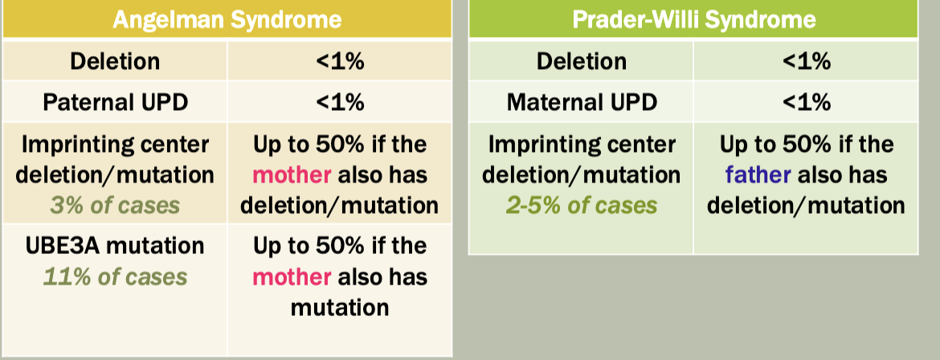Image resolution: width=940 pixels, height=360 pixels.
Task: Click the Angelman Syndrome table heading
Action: (x=227, y=19)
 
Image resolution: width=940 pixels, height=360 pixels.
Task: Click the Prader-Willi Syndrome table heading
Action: (x=693, y=19)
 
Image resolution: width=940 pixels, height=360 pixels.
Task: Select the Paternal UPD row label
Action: (x=115, y=102)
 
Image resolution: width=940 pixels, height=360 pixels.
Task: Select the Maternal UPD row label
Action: (x=582, y=102)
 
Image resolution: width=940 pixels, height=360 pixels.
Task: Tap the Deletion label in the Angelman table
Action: (x=115, y=61)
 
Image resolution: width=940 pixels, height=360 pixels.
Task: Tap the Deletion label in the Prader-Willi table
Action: (x=582, y=61)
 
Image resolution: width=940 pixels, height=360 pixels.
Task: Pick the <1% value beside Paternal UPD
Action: (x=340, y=102)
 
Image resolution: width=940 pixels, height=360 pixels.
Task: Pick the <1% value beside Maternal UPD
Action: (x=807, y=102)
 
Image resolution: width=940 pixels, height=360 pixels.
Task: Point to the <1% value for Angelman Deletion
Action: (x=340, y=61)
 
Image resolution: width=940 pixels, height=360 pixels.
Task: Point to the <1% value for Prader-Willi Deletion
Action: (x=807, y=61)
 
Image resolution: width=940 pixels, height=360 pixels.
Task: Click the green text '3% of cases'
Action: (x=115, y=206)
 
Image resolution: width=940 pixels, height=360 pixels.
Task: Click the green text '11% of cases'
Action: (x=115, y=276)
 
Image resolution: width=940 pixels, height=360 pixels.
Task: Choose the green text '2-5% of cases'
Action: (x=582, y=206)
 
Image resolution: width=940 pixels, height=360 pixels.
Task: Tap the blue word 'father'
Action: (x=758, y=175)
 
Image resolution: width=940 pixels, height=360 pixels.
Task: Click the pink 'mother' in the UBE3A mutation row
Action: (x=292, y=277)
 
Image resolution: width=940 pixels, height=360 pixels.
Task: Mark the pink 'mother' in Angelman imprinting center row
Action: (x=292, y=175)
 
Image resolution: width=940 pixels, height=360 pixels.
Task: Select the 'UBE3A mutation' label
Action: (x=115, y=246)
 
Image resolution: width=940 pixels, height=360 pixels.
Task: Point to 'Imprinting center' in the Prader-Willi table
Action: (x=582, y=145)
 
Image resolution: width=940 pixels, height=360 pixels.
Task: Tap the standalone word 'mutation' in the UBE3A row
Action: (x=340, y=308)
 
